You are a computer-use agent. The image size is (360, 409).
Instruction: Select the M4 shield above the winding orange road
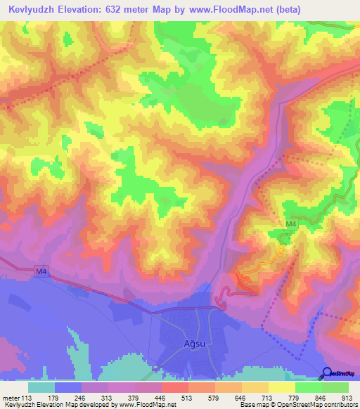290,224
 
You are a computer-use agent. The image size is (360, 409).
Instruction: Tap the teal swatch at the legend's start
41,388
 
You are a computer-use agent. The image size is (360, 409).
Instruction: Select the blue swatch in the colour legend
68,388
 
